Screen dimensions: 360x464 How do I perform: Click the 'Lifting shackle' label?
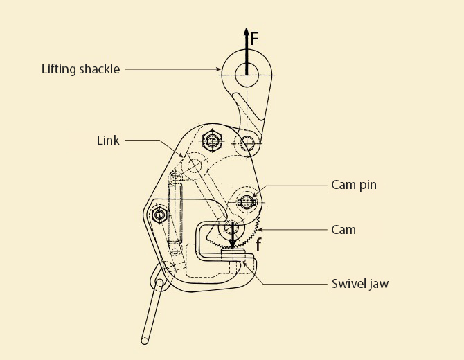coord(80,69)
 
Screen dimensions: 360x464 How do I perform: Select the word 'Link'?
coord(108,141)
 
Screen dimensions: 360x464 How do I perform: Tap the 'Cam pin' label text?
coord(353,185)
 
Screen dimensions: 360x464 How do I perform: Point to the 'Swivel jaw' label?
coord(360,284)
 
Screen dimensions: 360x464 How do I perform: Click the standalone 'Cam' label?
coord(343,229)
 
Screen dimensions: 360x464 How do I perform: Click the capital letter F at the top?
coord(255,39)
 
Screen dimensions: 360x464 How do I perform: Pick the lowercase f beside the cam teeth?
coord(258,244)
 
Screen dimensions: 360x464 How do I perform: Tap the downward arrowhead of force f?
coord(233,243)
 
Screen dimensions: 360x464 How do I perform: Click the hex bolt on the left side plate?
coord(161,215)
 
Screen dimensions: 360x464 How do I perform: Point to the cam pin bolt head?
coord(247,202)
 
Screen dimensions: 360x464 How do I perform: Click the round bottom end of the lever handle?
coord(144,340)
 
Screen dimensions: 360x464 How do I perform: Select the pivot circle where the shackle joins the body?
coord(247,144)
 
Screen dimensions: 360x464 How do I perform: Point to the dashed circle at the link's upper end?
coord(195,165)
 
